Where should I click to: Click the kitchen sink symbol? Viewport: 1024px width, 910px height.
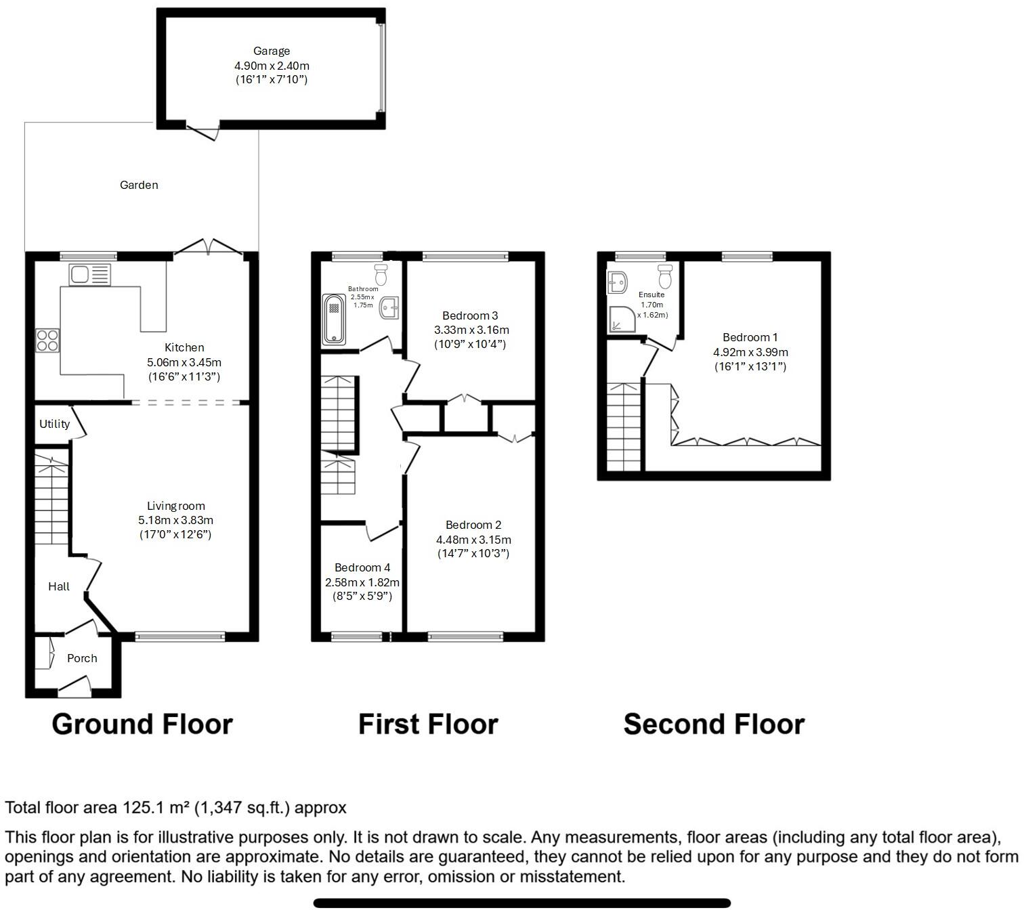coord(89,275)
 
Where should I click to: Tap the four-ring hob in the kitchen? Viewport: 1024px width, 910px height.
coord(47,340)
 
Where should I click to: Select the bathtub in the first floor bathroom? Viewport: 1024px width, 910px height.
coord(334,319)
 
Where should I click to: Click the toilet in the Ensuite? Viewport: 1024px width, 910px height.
coord(664,276)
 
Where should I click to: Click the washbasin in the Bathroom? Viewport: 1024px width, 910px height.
coord(389,308)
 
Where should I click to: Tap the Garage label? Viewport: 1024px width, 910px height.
coord(272,51)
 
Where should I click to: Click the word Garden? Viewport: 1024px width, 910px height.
coord(139,185)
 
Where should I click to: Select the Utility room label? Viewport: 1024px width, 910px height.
coord(54,424)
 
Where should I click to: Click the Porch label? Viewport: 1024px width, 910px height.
coord(82,658)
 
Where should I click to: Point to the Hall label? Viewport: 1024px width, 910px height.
coord(59,586)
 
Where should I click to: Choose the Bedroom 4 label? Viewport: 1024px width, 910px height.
coord(362,567)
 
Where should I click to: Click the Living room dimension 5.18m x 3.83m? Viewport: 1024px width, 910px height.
coord(176,520)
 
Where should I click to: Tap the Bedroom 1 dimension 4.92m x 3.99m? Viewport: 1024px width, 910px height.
coord(750,352)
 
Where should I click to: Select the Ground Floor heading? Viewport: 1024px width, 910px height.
coord(142,724)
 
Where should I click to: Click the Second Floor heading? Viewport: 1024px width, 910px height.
coord(714,724)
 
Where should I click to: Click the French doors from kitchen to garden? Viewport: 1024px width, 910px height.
coord(209,248)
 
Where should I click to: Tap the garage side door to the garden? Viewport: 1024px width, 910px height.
coord(202,131)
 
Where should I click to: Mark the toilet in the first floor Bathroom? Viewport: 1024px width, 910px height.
coord(381,274)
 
